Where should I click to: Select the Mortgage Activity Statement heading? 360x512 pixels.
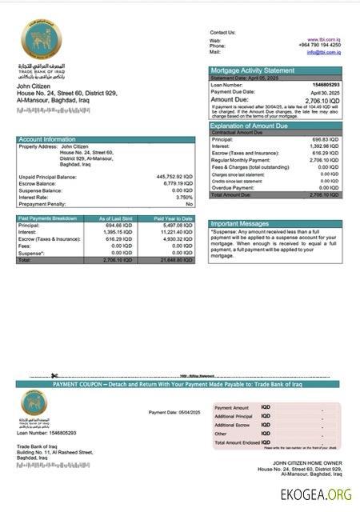tap(251, 70)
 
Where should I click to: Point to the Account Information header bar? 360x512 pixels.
tap(106, 139)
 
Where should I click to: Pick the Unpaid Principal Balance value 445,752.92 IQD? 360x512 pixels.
tap(174, 177)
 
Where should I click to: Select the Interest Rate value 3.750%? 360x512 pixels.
tap(183, 197)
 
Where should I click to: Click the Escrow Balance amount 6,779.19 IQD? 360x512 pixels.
tap(177, 183)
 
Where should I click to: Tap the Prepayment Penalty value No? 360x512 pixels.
tap(189, 204)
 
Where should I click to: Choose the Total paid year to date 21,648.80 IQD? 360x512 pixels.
tap(175, 261)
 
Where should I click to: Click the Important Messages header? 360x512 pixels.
tap(240, 224)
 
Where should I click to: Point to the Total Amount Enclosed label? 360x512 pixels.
tap(237, 442)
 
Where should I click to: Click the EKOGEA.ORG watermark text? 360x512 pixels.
tap(315, 494)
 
